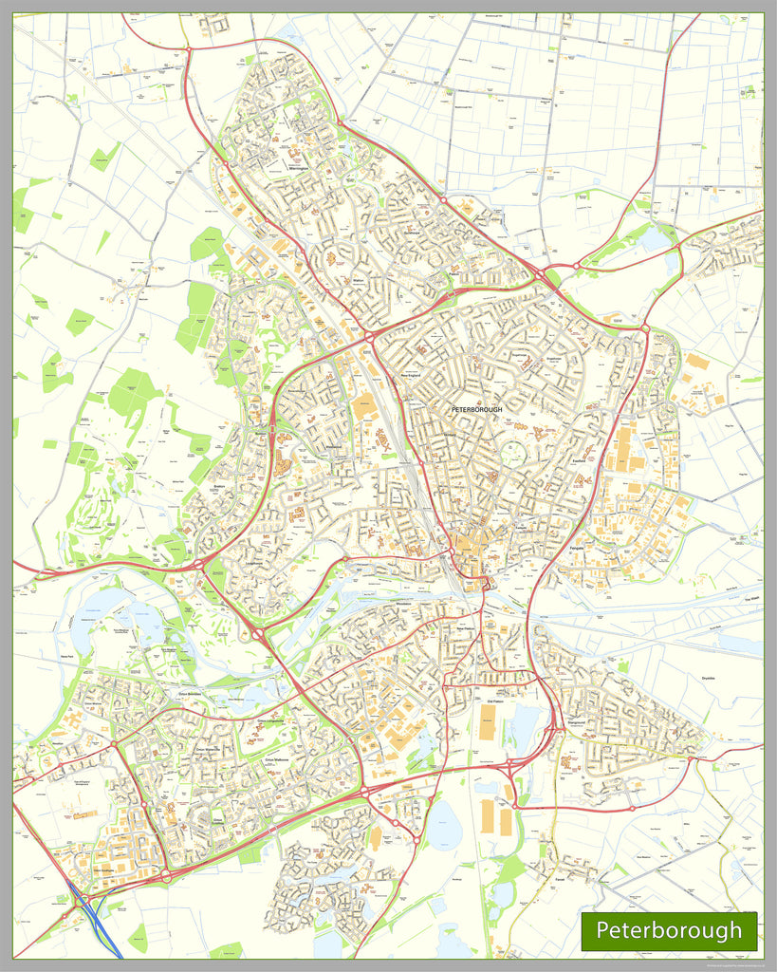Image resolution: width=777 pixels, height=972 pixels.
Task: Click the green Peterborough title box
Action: tap(669, 929)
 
